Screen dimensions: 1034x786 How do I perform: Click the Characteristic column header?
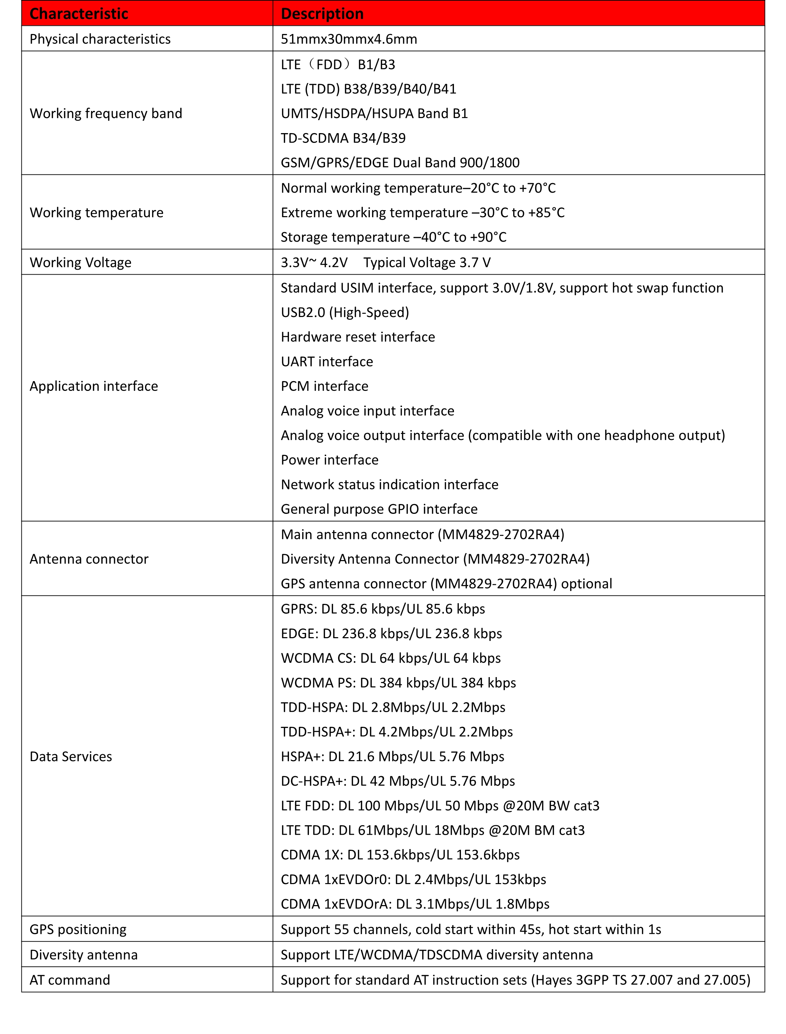78,14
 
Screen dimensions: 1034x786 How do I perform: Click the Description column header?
322,14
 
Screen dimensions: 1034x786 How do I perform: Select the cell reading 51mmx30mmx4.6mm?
349,39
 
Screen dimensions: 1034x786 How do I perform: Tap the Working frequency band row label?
106,113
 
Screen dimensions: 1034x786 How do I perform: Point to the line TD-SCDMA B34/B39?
343,138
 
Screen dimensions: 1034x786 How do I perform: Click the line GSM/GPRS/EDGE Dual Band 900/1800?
400,163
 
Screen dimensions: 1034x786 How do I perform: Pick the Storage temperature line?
393,237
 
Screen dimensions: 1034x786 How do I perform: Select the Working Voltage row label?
81,262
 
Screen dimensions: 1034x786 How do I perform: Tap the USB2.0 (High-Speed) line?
345,312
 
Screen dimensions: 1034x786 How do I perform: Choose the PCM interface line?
324,386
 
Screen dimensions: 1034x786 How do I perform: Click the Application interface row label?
94,386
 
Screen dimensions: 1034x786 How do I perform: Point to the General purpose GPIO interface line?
379,509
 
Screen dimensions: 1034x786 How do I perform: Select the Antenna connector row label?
89,559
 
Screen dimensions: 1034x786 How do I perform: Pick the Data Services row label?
71,756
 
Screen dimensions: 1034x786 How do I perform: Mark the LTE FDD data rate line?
440,805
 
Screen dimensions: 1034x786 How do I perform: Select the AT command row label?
70,979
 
